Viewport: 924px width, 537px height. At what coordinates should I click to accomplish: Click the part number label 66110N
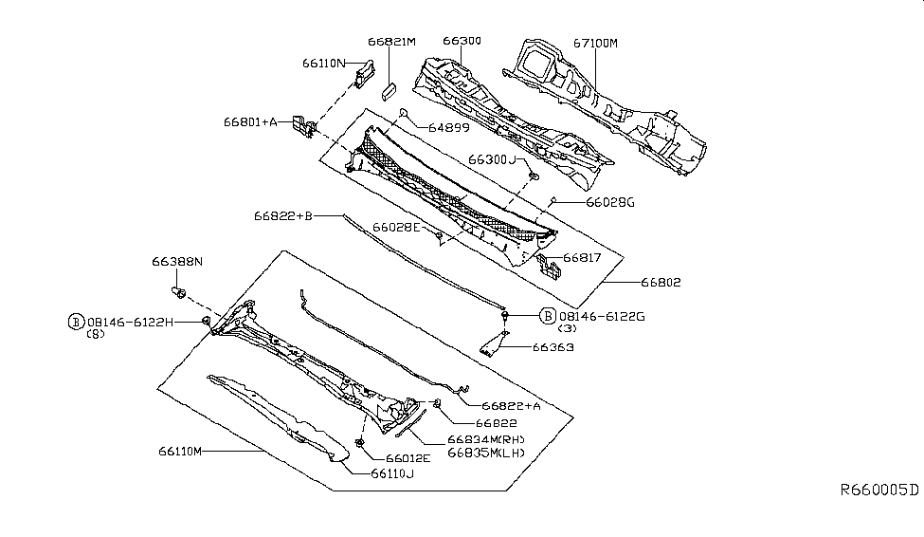tap(324, 64)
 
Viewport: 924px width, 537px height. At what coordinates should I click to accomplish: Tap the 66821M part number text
tap(391, 42)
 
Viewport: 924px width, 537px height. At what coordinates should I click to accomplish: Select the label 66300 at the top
tap(462, 42)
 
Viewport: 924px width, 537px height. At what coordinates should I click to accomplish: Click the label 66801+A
tap(250, 121)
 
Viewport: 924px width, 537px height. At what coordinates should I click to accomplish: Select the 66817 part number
tap(585, 257)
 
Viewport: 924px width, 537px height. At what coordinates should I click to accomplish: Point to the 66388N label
tap(177, 260)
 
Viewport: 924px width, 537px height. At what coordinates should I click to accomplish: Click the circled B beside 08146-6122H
tap(75, 322)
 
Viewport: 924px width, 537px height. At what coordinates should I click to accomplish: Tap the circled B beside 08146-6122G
tap(548, 315)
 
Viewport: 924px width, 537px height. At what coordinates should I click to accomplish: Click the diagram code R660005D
tap(879, 490)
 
